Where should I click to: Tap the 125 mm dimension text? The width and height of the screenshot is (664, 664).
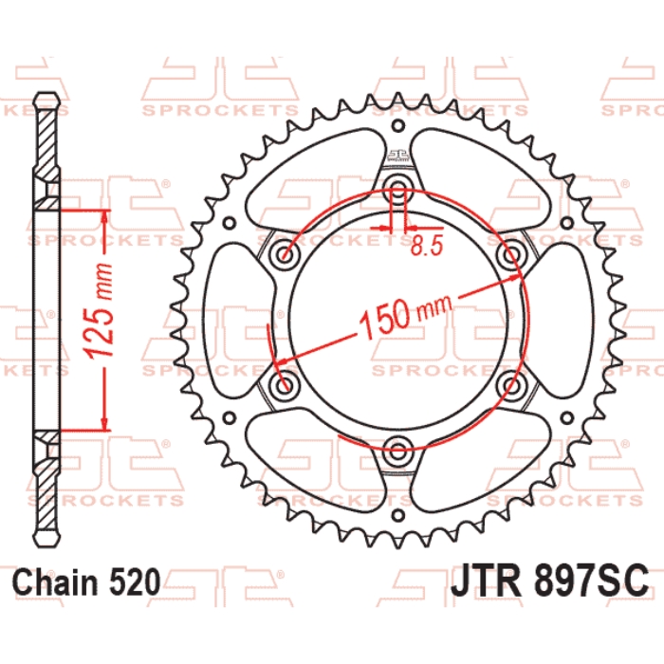[99, 310]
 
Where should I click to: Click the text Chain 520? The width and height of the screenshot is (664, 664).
[87, 582]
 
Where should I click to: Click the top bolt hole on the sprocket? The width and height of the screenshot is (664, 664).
[397, 189]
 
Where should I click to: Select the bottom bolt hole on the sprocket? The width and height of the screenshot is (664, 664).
[397, 451]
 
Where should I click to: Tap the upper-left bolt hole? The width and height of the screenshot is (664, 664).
[285, 255]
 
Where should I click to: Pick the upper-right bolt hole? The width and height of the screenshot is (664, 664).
[510, 255]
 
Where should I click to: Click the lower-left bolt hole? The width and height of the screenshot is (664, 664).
[285, 384]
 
